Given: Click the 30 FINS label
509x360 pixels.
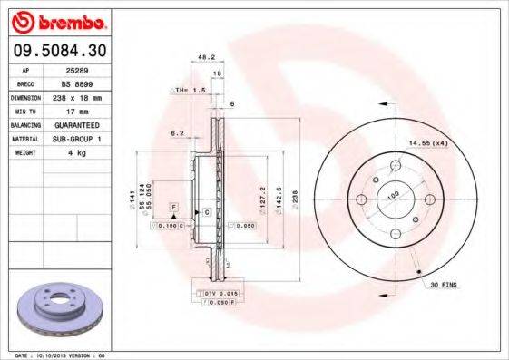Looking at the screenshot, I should tap(444, 284).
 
